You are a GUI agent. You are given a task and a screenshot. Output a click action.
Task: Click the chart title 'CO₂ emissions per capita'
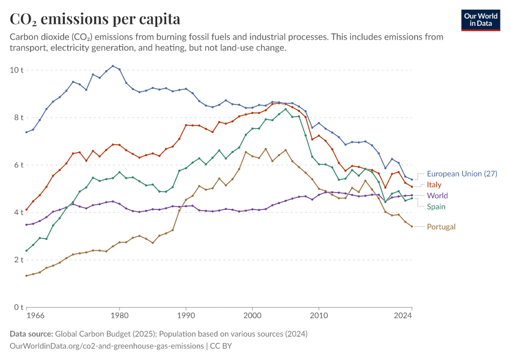click(95, 19)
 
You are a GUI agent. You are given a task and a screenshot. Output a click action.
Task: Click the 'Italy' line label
click(434, 185)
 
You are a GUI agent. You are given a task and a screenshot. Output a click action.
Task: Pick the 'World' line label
click(437, 196)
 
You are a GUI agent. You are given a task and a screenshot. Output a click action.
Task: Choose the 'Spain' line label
click(436, 207)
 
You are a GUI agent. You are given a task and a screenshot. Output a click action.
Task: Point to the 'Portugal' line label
click(441, 227)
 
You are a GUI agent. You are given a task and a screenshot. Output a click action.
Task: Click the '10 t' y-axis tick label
click(17, 70)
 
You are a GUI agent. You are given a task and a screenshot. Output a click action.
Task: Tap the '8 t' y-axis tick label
click(19, 118)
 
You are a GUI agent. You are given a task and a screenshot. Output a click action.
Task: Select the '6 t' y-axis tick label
click(19, 165)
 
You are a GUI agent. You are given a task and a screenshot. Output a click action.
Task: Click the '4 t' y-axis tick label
click(19, 212)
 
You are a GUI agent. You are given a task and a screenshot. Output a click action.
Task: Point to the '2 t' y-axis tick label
click(19, 260)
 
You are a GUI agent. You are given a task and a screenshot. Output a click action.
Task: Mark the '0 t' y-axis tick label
click(19, 307)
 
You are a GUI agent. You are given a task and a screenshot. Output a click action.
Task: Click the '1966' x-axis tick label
click(35, 315)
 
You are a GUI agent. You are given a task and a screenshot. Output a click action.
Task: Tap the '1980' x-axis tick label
click(119, 315)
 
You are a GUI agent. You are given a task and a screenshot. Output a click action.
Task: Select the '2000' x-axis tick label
click(253, 315)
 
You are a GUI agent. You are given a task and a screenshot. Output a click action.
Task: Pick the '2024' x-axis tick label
click(403, 315)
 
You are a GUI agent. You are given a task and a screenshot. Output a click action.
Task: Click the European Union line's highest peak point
click(113, 66)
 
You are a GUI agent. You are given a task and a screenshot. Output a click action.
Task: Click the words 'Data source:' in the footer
click(31, 334)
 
